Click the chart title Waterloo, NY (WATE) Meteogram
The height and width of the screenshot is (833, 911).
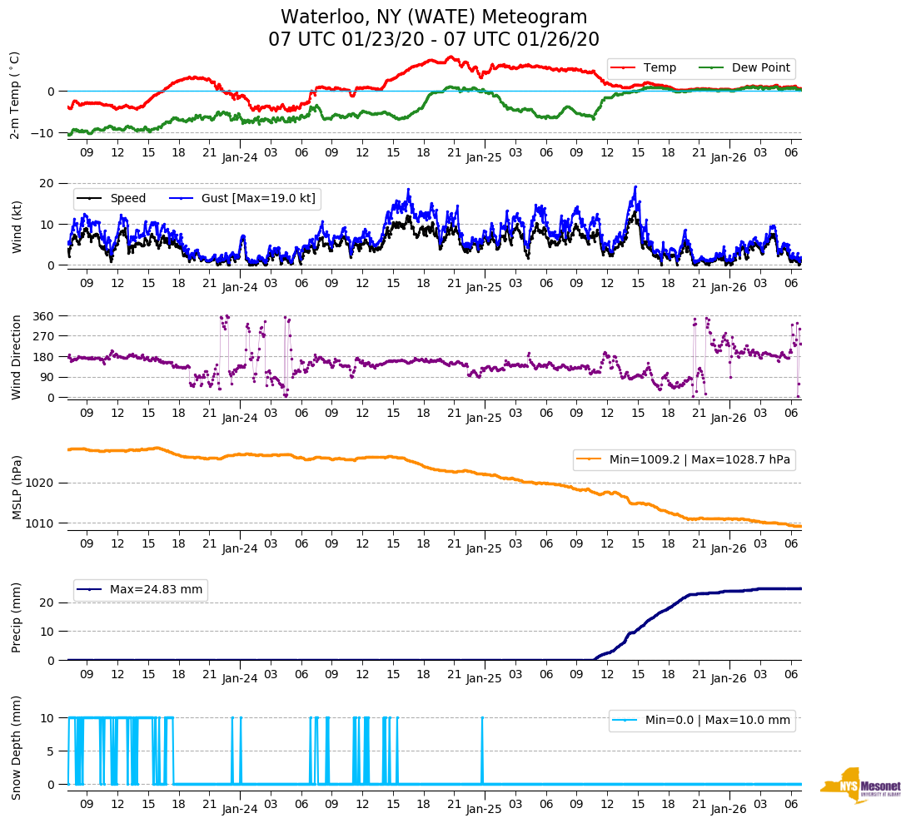(433, 17)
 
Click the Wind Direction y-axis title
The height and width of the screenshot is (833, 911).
(16, 356)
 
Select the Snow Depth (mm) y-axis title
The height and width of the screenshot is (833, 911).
(16, 747)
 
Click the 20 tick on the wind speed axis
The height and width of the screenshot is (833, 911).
(48, 183)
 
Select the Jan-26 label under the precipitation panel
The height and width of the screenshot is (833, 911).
(728, 678)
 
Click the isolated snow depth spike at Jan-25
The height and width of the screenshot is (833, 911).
(482, 749)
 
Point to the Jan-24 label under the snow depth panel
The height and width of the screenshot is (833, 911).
(240, 809)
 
